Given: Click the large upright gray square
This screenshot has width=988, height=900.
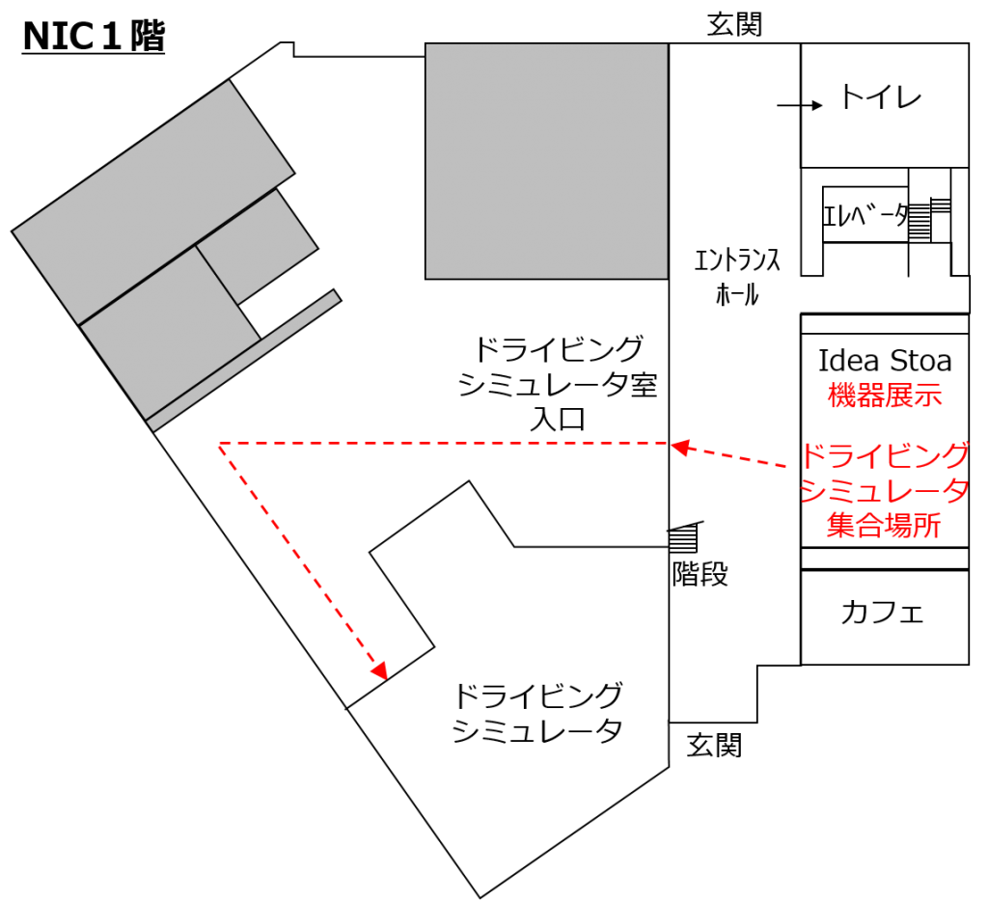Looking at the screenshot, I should (546, 161).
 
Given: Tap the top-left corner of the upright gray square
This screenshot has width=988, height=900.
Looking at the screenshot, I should (427, 45).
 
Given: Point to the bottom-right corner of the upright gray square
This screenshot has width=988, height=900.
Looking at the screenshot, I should (666, 277).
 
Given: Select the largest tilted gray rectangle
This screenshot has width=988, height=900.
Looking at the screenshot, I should (153, 202).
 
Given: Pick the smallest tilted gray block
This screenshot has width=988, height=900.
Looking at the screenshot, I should (257, 246).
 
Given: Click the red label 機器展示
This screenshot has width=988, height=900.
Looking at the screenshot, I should (884, 395).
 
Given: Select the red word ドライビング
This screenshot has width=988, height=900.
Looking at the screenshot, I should (884, 455).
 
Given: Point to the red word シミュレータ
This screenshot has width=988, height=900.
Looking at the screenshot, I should (884, 491).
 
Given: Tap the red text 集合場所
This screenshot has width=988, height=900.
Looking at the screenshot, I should (884, 526).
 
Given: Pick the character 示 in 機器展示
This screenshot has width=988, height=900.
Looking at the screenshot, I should (927, 395).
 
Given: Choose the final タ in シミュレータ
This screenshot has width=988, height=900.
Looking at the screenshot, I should (955, 491).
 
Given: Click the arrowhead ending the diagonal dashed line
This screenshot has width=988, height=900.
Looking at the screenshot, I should (379, 670).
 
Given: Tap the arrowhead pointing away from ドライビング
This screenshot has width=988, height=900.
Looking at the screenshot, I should (679, 448).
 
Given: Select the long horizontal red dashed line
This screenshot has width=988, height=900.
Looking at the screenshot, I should (444, 444).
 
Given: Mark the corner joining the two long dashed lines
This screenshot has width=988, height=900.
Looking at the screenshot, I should (220, 444).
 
